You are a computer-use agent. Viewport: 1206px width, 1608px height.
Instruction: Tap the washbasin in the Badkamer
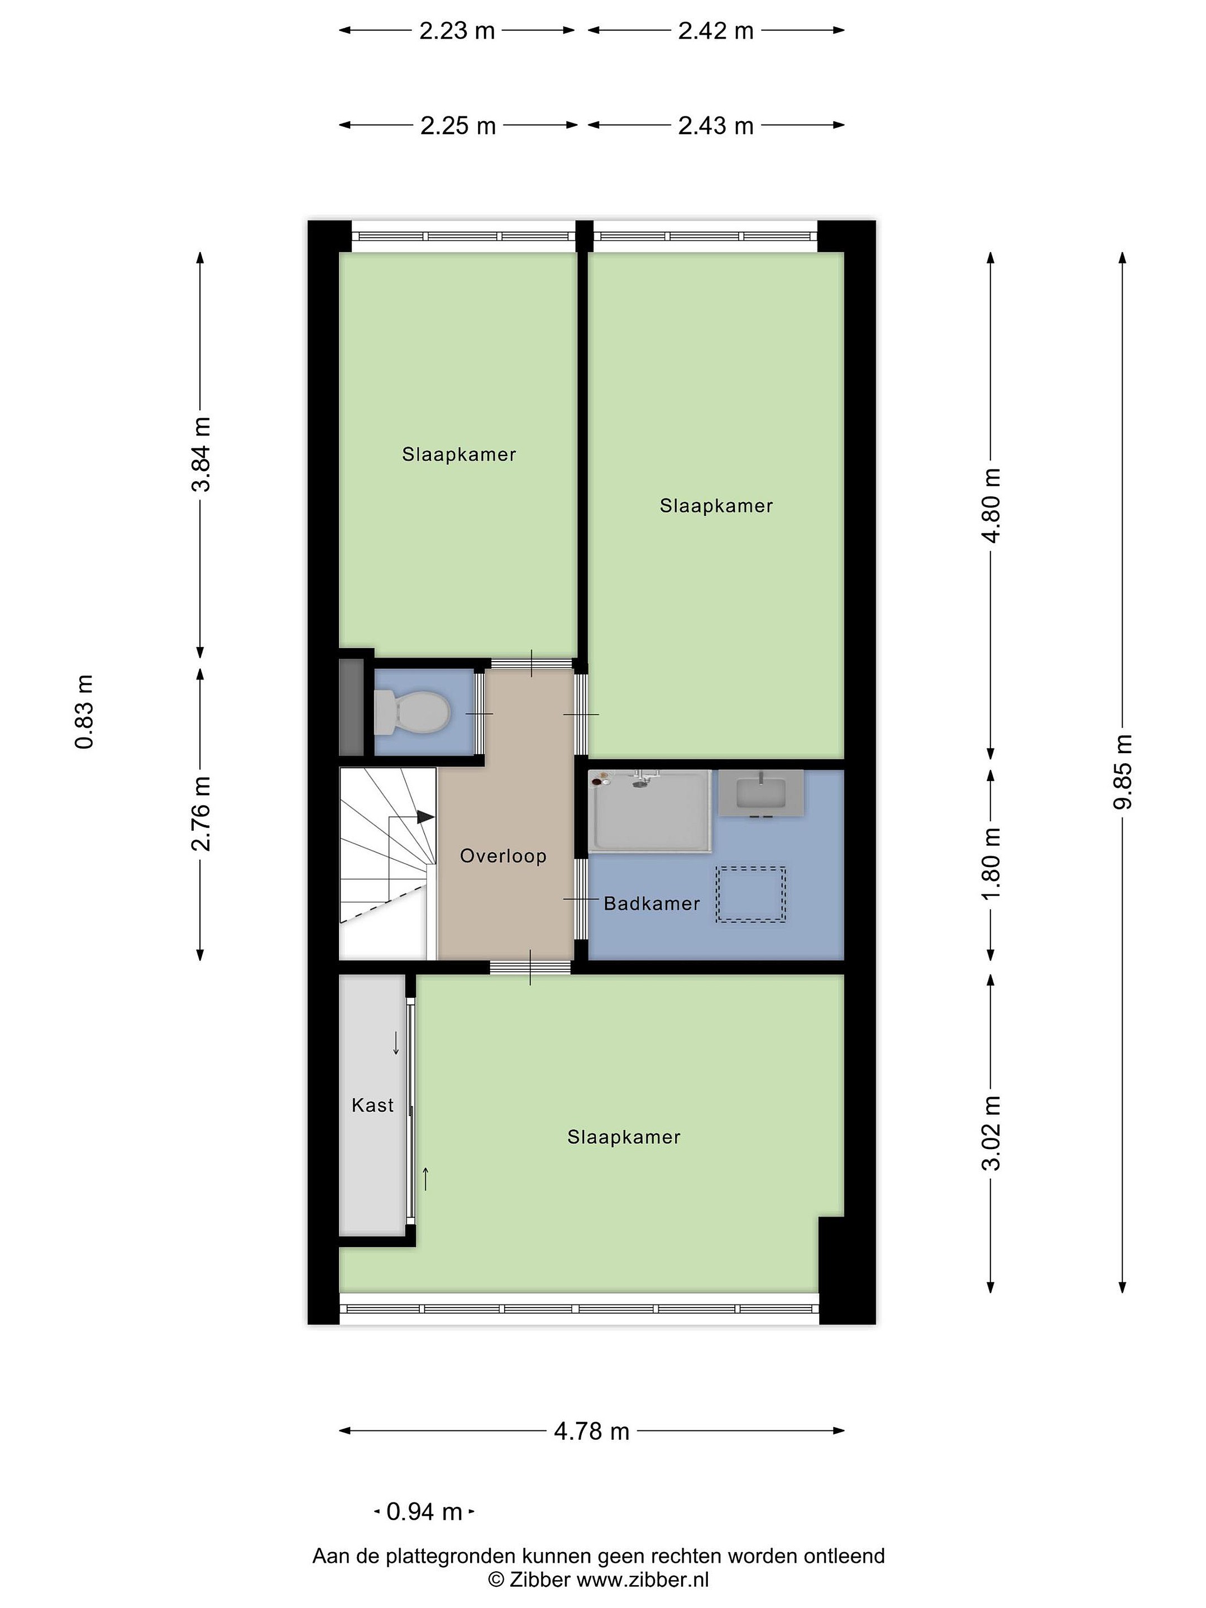761,792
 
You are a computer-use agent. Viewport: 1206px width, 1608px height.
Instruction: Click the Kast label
372,1105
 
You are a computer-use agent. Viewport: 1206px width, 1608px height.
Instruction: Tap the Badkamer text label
652,903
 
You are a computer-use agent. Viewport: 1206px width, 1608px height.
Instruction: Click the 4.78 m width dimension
592,1432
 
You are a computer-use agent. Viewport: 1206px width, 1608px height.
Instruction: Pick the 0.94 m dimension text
424,1511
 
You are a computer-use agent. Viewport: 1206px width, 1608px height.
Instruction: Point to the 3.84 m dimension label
200,454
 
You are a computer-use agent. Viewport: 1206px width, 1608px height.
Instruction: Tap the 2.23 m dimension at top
457,31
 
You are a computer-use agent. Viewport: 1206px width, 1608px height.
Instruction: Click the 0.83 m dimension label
84,712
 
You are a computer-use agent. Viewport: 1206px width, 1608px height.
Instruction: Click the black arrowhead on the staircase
425,817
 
